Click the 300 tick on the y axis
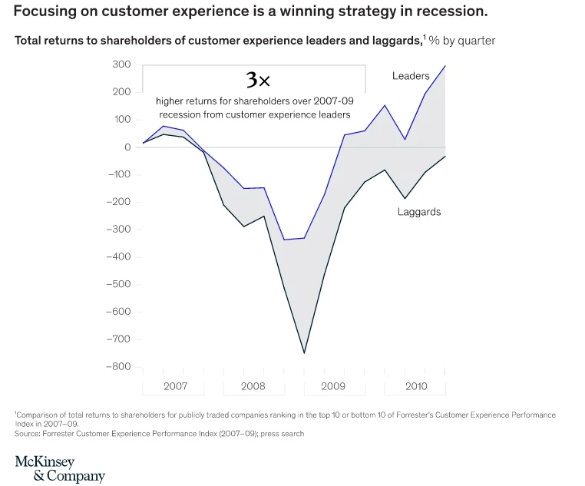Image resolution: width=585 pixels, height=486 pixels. click(121, 64)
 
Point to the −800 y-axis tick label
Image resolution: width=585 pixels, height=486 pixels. click(118, 366)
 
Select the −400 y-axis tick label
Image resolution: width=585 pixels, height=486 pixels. click(118, 256)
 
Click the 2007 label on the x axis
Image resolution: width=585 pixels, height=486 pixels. click(175, 386)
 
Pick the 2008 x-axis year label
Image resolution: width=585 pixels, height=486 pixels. click(253, 386)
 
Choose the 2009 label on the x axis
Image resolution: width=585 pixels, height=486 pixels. click(333, 386)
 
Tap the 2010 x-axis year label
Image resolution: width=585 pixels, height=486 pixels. click(416, 386)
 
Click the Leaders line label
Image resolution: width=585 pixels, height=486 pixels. click(411, 76)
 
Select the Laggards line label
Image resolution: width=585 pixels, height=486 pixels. click(419, 212)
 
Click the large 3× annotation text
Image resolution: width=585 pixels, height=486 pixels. click(258, 80)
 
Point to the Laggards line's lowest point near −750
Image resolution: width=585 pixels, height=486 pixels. click(304, 353)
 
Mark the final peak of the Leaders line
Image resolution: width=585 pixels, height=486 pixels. click(445, 66)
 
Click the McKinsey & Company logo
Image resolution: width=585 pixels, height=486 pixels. click(59, 468)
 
